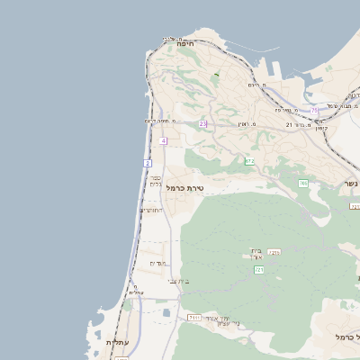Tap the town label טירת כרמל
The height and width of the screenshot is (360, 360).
[187, 188]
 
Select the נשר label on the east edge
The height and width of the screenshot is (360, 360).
[350, 184]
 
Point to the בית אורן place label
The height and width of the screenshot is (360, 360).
[256, 254]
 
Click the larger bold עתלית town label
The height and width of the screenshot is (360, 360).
[117, 343]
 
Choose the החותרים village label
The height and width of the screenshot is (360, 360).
[152, 210]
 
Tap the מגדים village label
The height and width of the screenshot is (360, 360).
[157, 263]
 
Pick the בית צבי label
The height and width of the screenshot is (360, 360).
[178, 282]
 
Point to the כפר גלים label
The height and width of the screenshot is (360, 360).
[156, 180]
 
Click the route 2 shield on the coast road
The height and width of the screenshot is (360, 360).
[148, 163]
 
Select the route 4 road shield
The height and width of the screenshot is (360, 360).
[164, 141]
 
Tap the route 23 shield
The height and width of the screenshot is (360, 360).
[203, 123]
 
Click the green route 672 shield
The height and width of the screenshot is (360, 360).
[249, 161]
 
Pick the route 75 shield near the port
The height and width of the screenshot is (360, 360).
[314, 110]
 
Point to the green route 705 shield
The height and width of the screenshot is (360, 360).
[303, 184]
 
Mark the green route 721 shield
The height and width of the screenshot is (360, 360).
[259, 269]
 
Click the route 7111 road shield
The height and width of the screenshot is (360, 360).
[193, 318]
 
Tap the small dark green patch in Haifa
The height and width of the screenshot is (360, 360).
[216, 73]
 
